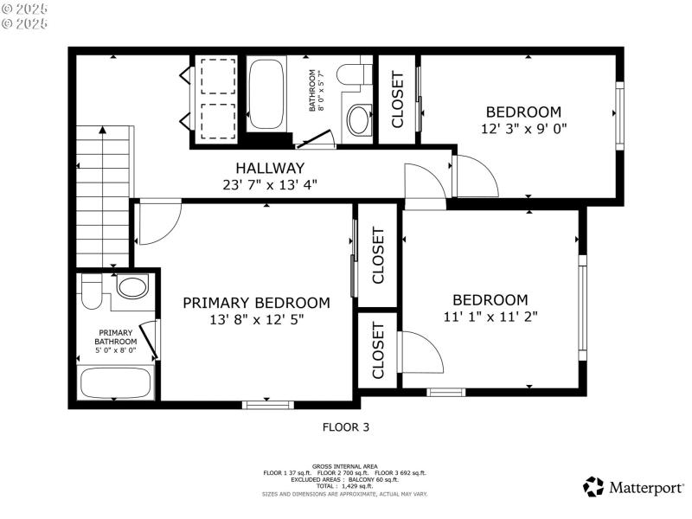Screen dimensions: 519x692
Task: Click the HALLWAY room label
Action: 270,168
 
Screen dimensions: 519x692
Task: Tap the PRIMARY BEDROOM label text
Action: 256,303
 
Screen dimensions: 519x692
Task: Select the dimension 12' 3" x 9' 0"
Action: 523,128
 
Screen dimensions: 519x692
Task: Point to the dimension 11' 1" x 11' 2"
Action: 490,317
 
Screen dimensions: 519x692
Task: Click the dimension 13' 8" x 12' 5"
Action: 256,319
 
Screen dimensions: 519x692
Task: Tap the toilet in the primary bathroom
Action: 131,287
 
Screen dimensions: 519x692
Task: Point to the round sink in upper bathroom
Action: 358,117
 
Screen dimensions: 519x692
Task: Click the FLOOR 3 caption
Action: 346,426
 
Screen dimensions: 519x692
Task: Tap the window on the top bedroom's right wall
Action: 618,114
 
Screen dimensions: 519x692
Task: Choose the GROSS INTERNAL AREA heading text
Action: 346,467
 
